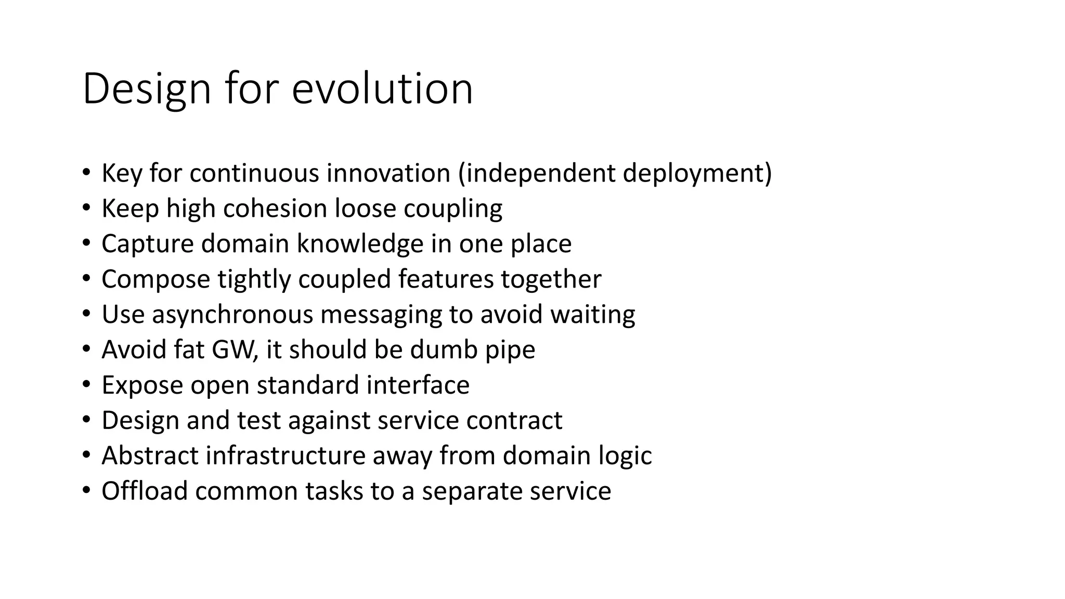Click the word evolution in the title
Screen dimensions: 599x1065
[x=382, y=89]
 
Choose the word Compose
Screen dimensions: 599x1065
[x=155, y=279]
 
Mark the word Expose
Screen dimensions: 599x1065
[x=142, y=385]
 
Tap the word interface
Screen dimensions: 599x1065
[x=418, y=385]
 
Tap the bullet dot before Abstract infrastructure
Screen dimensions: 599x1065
[x=86, y=454]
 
